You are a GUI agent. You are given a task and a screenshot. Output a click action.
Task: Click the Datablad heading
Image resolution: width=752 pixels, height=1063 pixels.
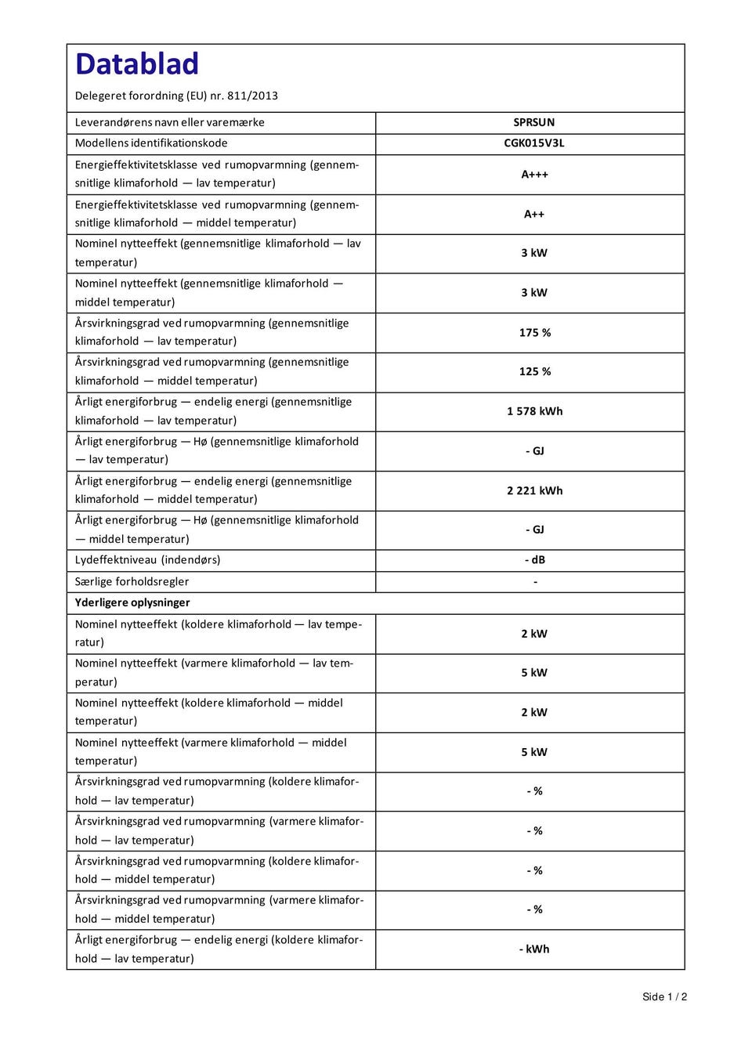[137, 64]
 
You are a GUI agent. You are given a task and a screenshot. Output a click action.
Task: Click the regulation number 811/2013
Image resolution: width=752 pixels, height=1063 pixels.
[252, 96]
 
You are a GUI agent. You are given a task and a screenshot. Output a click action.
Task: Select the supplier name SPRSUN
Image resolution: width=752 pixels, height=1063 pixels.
[534, 122]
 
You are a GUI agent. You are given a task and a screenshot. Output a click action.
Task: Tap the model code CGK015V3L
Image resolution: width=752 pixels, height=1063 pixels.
[534, 143]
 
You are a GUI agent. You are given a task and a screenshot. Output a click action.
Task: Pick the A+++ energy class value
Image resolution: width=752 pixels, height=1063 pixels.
[534, 175]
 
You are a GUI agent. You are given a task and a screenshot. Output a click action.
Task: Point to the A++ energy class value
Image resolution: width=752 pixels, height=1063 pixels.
[534, 214]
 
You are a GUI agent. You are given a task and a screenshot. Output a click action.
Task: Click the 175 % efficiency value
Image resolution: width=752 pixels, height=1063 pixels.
[534, 333]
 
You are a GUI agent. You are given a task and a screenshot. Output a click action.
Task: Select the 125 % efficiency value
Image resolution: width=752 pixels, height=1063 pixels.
[534, 372]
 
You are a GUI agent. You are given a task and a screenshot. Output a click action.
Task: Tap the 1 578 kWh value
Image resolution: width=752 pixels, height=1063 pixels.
[534, 411]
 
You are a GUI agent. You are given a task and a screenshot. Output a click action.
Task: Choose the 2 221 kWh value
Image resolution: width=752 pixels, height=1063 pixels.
[534, 490]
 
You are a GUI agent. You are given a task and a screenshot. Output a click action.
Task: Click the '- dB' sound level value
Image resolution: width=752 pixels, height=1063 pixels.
[534, 560]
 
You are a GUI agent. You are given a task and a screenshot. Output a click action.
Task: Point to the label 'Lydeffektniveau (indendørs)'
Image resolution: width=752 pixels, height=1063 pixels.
[147, 560]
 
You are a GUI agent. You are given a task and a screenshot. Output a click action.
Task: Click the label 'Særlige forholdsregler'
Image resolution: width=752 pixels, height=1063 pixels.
[132, 581]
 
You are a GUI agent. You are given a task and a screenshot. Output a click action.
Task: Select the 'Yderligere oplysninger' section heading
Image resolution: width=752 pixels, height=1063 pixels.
[132, 602]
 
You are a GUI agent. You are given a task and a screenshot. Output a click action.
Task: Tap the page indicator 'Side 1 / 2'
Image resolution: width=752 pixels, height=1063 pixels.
[664, 996]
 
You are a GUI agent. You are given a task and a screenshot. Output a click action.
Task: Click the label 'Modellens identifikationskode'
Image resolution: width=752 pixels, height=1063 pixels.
[151, 143]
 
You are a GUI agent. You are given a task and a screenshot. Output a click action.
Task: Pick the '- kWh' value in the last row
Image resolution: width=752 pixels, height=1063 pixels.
[534, 949]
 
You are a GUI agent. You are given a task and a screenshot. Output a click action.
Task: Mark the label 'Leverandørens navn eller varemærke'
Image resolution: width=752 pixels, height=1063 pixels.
[169, 122]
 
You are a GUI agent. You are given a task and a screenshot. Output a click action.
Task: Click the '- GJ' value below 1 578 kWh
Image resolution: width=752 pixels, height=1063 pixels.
[534, 451]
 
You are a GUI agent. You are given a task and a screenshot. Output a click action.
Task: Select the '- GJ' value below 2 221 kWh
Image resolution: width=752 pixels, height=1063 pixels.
[534, 530]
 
